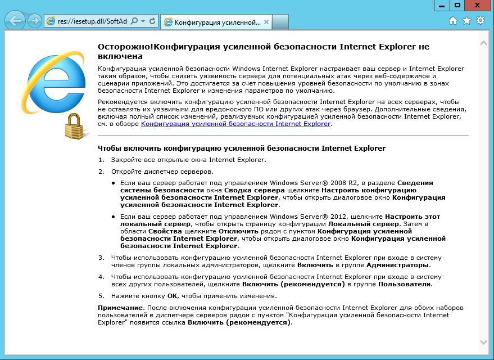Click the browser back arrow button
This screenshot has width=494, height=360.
coord(15,21)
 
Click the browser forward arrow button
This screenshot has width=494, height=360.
coord(34,21)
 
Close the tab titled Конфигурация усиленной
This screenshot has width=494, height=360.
coord(266,22)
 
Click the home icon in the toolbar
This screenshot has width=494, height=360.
coord(453,21)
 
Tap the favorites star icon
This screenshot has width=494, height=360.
coord(466,21)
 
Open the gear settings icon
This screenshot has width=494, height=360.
coord(480,21)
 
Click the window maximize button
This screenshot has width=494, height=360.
coord(457,5)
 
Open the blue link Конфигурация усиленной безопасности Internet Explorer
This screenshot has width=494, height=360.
coord(235,124)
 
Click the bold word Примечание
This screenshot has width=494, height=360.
coord(121,308)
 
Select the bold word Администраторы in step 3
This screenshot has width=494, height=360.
coord(397,264)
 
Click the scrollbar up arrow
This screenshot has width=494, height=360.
coord(483,43)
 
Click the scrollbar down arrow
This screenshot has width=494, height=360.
coord(483,341)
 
